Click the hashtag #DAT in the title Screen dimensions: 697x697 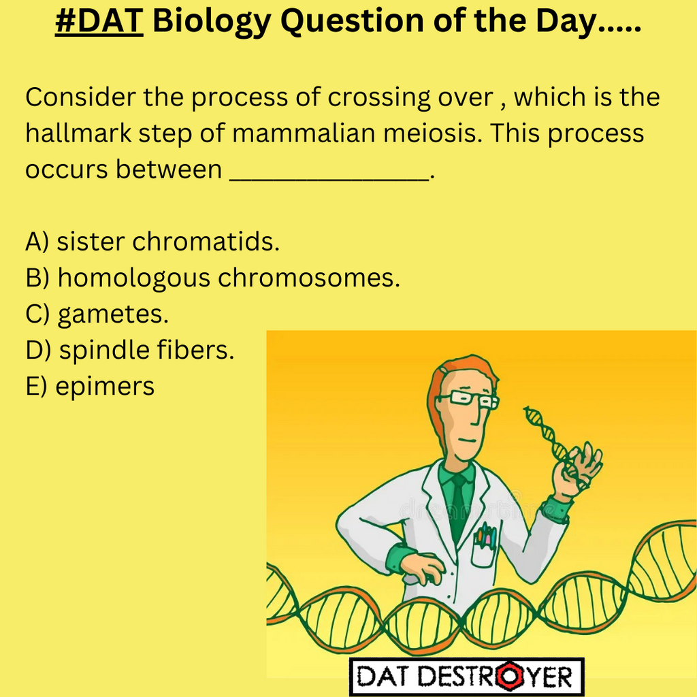pyautogui.click(x=99, y=22)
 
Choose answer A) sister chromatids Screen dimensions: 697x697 pyautogui.click(x=152, y=241)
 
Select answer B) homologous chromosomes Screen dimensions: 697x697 pyautogui.click(x=212, y=278)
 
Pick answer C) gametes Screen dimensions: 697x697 pyautogui.click(x=97, y=314)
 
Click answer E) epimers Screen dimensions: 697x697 pyautogui.click(x=90, y=387)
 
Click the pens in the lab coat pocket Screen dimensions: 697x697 pyautogui.click(x=484, y=537)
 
